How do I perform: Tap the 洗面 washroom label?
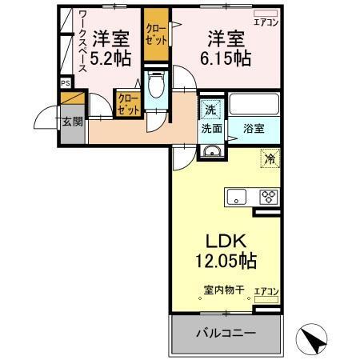coord(212,127)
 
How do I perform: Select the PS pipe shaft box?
coord(64,82)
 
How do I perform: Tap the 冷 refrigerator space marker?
coord(270,158)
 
